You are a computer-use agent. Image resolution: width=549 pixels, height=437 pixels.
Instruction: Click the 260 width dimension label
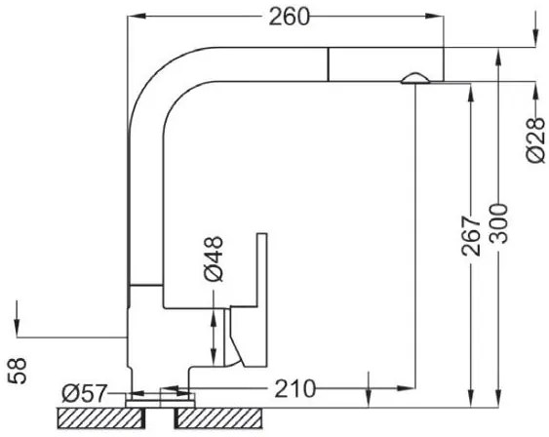click(x=289, y=17)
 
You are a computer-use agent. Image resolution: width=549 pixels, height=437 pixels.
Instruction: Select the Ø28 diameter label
click(x=535, y=140)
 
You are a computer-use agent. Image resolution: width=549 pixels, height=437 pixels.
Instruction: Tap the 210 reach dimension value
click(x=295, y=390)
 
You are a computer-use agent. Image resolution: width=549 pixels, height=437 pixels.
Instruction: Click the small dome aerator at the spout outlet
click(x=414, y=78)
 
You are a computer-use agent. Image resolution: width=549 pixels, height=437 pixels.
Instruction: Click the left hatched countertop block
click(x=96, y=417)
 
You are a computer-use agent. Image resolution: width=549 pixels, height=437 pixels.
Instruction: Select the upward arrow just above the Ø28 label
click(x=535, y=92)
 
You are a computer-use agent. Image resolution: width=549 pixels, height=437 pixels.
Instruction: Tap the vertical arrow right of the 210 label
click(x=369, y=387)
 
